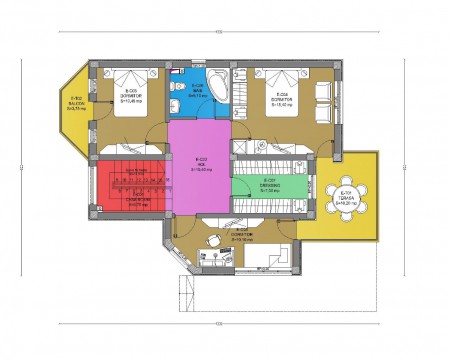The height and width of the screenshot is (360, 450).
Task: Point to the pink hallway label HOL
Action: [x=201, y=165]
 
